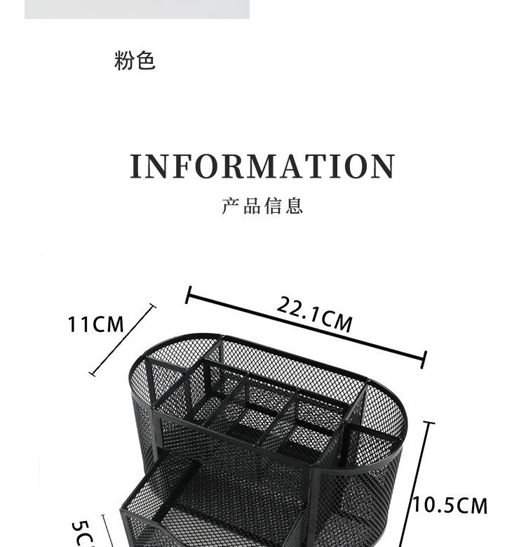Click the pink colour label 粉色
point(134,61)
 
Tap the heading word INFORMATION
point(263,167)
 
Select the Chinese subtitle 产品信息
point(262,206)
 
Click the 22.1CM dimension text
point(314,313)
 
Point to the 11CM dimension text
point(95,324)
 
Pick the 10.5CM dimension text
point(450,505)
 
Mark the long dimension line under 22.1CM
point(306,328)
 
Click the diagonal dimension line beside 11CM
point(123,340)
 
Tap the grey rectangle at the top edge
point(137,9)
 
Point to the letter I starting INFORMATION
point(137,167)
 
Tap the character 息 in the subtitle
point(295,206)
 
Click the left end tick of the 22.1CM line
point(188,294)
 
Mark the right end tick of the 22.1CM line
point(424,361)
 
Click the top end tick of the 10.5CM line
point(429,423)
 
